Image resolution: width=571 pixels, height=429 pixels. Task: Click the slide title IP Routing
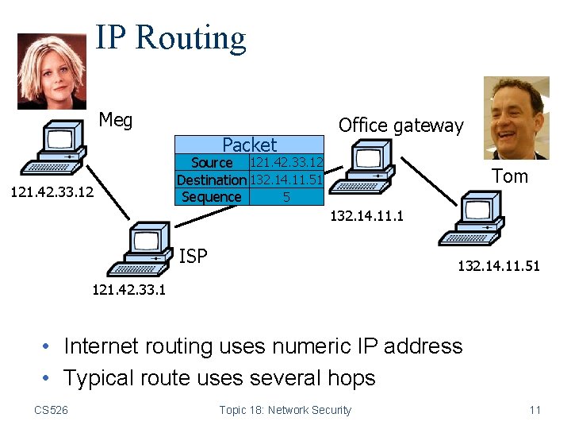pyautogui.click(x=171, y=37)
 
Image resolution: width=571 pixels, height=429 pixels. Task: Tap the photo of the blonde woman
pyautogui.click(x=52, y=71)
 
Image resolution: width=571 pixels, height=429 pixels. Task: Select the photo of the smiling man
pyautogui.click(x=516, y=117)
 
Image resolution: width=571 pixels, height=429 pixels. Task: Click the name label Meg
pyautogui.click(x=116, y=121)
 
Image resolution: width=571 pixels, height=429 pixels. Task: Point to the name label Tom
pyautogui.click(x=509, y=176)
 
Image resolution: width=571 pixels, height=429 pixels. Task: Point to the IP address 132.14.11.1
pyautogui.click(x=367, y=215)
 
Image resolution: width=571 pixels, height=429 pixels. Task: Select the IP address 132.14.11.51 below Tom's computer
pyautogui.click(x=498, y=267)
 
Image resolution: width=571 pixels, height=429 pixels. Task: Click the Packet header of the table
pyautogui.click(x=249, y=145)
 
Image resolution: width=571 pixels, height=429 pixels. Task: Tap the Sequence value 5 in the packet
pyautogui.click(x=286, y=197)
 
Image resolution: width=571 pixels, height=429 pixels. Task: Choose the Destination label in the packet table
pyautogui.click(x=212, y=180)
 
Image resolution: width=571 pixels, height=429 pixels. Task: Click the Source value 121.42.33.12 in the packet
pyautogui.click(x=285, y=163)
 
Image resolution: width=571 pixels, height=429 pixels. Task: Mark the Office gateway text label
pyautogui.click(x=400, y=126)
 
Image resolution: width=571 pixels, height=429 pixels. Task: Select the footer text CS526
pyautogui.click(x=51, y=410)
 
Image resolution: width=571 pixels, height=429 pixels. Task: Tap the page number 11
pyautogui.click(x=535, y=410)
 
